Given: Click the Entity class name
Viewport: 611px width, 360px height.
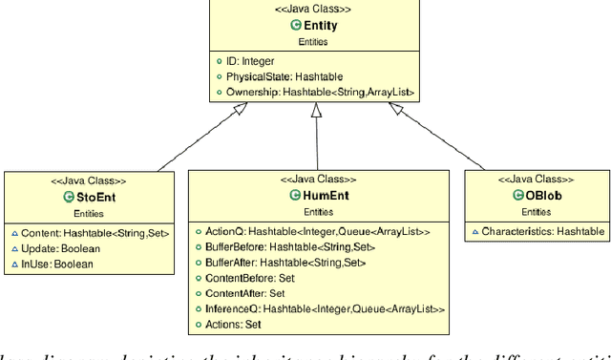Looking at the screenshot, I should pyautogui.click(x=320, y=25).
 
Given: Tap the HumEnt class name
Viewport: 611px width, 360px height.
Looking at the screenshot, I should pyautogui.click(x=325, y=195).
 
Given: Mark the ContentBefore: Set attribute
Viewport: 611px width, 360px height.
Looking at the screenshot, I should pyautogui.click(x=251, y=278).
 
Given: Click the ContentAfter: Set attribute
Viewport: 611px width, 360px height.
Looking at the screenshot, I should pyautogui.click(x=246, y=293).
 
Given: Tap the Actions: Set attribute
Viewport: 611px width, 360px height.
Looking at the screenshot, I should pyautogui.click(x=233, y=325).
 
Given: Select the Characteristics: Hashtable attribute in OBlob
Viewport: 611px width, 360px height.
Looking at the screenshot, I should pyautogui.click(x=542, y=231).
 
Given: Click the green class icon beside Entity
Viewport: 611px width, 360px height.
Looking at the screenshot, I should pyautogui.click(x=296, y=25).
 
